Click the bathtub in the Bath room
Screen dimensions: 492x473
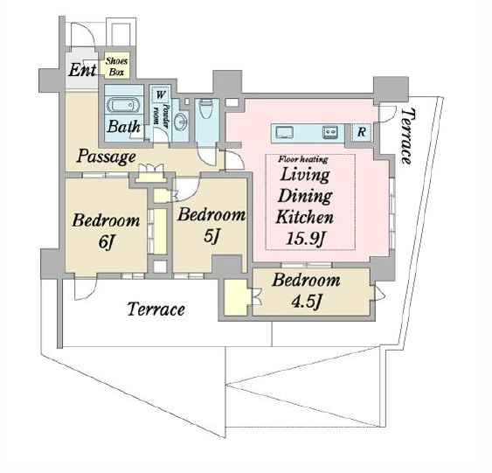click(x=122, y=105)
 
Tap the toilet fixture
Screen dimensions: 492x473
click(x=205, y=108)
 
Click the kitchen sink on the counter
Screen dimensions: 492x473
click(x=285, y=132)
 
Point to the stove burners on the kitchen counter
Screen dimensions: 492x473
click(x=330, y=132)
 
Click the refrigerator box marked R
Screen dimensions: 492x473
click(x=361, y=132)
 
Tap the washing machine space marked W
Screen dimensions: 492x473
click(x=160, y=94)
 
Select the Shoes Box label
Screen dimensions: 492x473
click(x=116, y=66)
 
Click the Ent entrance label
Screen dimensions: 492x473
click(x=82, y=70)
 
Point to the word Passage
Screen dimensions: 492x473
click(x=106, y=156)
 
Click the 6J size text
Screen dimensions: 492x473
click(x=106, y=242)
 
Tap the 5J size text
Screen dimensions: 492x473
click(x=211, y=235)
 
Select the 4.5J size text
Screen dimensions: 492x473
click(x=306, y=302)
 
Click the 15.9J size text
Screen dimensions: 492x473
click(x=305, y=239)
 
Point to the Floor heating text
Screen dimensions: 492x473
click(x=303, y=159)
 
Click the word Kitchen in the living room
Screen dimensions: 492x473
click(x=305, y=217)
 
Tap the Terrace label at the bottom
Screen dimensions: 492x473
click(x=156, y=310)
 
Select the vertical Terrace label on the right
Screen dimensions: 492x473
click(x=408, y=136)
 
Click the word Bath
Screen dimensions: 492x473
click(x=123, y=127)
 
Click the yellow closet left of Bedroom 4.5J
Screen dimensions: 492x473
click(x=236, y=297)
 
